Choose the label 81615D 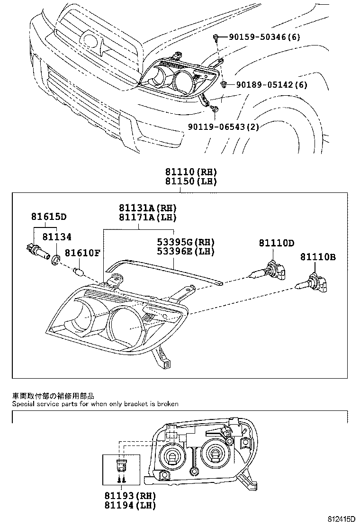[49, 217]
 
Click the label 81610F [82, 253]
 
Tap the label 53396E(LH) [186, 251]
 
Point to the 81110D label [276, 243]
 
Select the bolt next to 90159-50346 [216, 37]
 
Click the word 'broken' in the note [168, 404]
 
